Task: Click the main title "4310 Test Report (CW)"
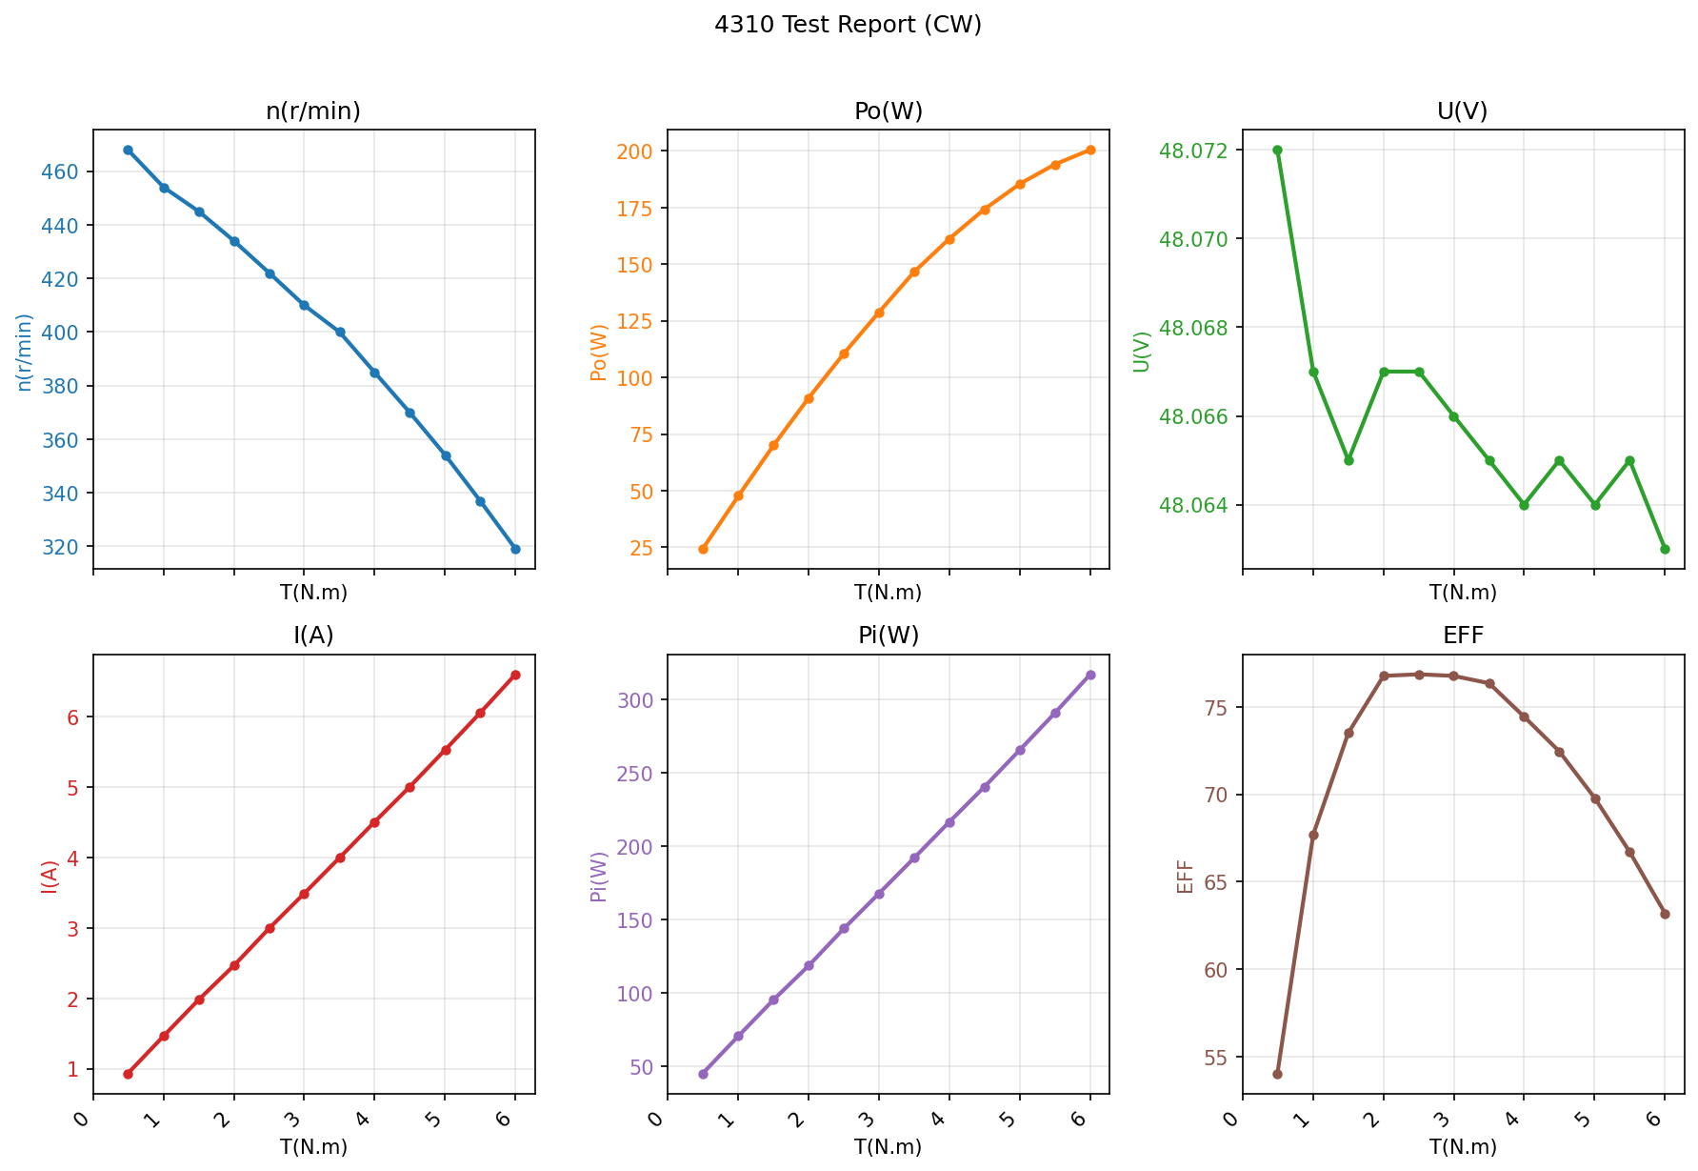pos(848,25)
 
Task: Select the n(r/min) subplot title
pos(313,111)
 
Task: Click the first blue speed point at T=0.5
pos(129,150)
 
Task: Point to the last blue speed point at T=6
pos(515,549)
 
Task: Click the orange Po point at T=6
pos(1090,150)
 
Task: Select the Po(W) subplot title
pos(889,111)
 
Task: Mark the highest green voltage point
pos(1278,150)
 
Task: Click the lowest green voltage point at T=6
pos(1665,549)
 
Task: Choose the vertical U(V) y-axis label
pos(1142,352)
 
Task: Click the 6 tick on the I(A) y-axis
pos(72,717)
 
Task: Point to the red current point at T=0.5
pos(129,1074)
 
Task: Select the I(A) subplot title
pos(313,636)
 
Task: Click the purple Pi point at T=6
pos(1090,675)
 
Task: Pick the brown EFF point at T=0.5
pos(1278,1074)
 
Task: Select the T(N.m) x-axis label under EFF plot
pos(1463,1147)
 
